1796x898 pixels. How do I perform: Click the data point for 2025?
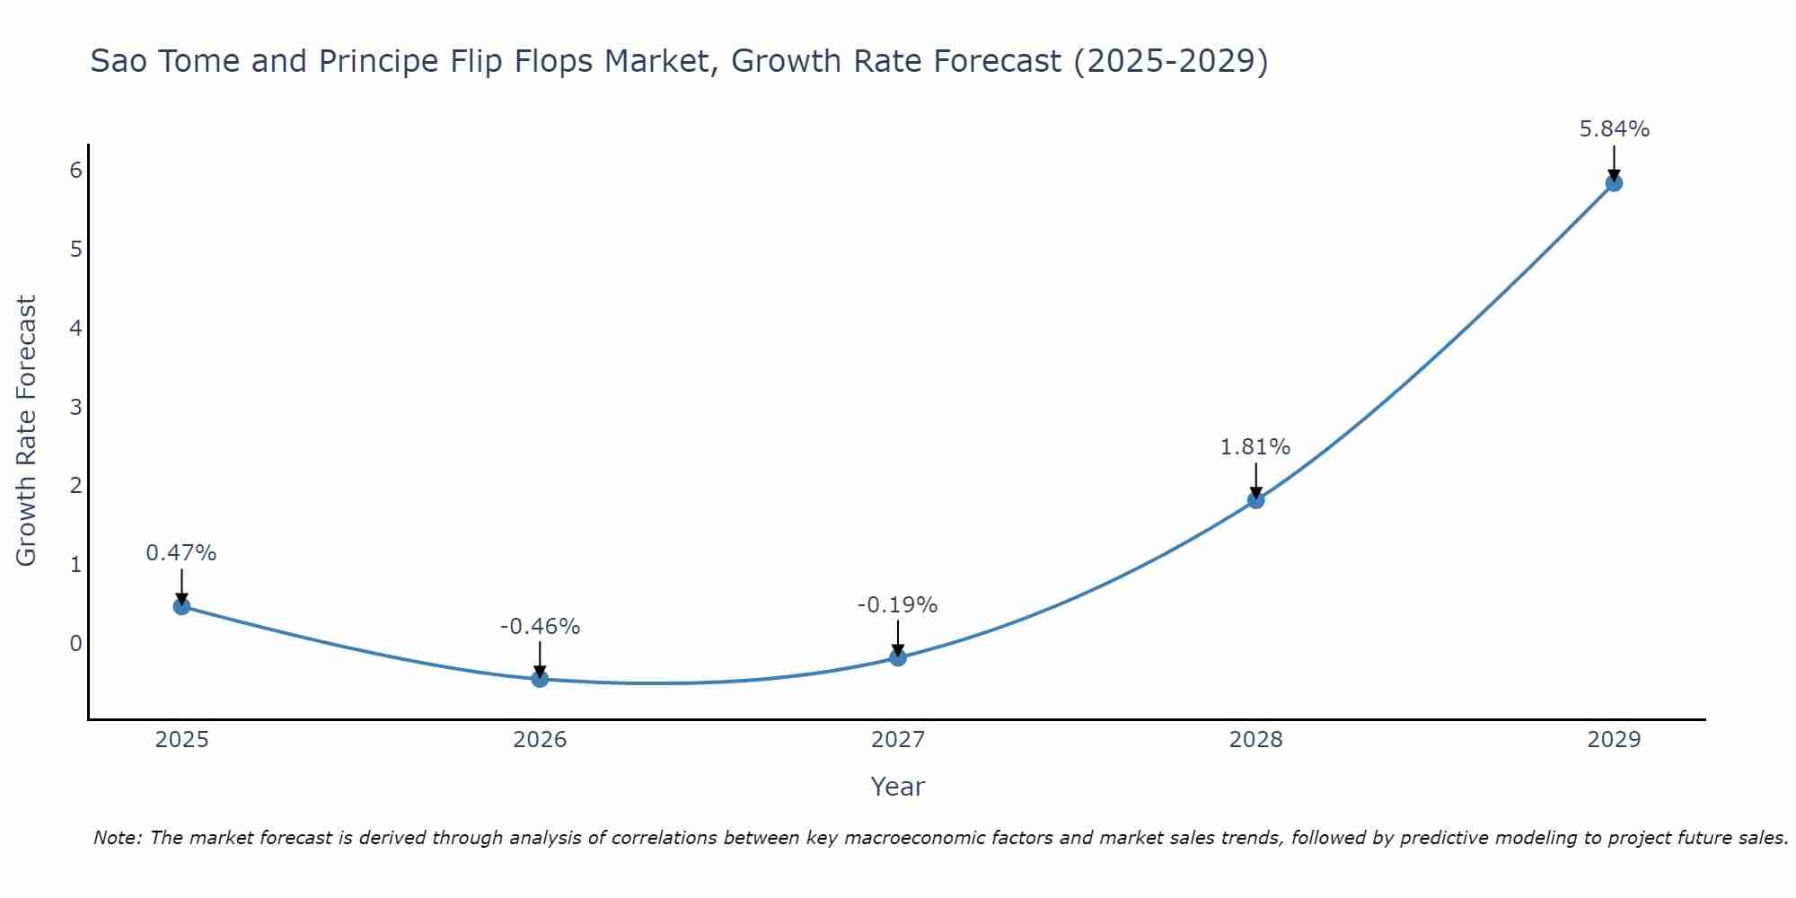(x=181, y=606)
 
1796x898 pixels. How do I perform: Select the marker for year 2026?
(x=540, y=679)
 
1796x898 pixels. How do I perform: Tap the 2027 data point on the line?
(x=898, y=657)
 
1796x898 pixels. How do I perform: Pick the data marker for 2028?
(x=1255, y=499)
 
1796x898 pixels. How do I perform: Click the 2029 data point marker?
(x=1614, y=183)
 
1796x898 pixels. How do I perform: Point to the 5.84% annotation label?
(x=1614, y=129)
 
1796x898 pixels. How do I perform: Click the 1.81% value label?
(x=1255, y=446)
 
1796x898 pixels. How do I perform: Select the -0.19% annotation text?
(x=897, y=605)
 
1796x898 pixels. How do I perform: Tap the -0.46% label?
(x=540, y=627)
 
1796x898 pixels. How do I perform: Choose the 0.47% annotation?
(x=181, y=553)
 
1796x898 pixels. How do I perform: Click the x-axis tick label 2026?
(x=540, y=740)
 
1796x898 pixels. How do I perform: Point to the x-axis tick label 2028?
(x=1255, y=740)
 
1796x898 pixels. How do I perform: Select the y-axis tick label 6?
(x=75, y=170)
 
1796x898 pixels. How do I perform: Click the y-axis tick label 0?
(x=75, y=643)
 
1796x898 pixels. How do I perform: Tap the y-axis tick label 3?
(x=75, y=407)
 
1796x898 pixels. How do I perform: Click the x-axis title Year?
(x=897, y=787)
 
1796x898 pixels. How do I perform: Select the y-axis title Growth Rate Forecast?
(x=27, y=431)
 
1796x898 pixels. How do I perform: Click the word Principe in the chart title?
(x=376, y=61)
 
